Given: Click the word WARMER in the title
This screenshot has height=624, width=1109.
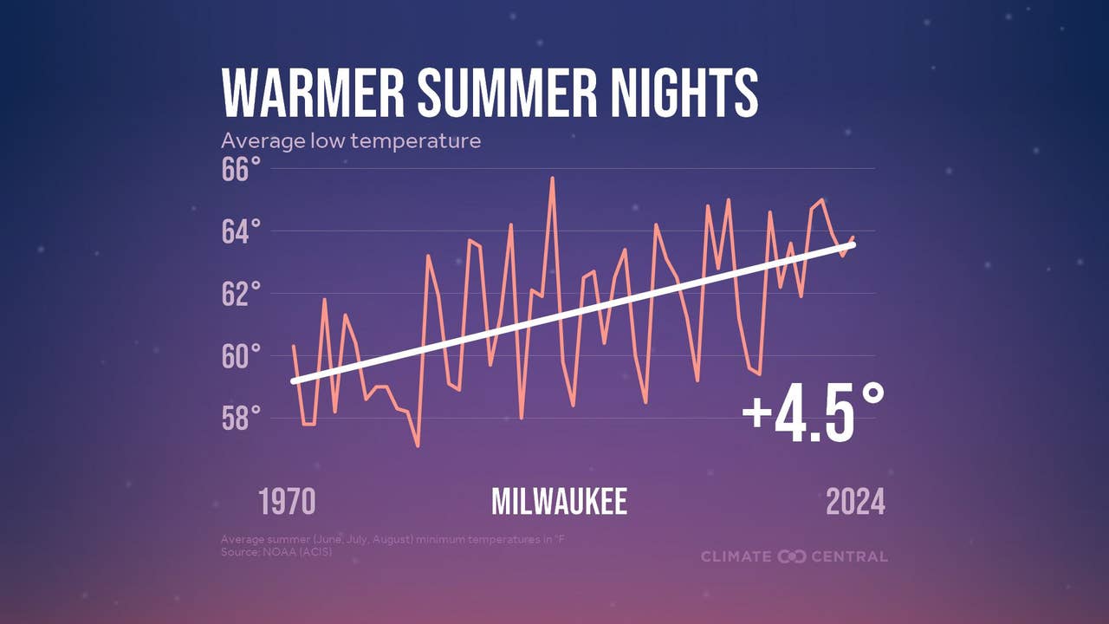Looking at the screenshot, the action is click(313, 93).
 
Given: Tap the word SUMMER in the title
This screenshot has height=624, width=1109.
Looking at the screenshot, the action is click(508, 93).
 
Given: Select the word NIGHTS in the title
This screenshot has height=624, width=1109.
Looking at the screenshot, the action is click(684, 93).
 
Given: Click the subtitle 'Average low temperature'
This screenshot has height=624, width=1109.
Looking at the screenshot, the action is click(351, 141).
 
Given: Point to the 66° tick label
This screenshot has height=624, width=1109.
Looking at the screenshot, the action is click(241, 169).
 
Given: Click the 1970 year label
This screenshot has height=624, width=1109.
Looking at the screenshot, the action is click(287, 502).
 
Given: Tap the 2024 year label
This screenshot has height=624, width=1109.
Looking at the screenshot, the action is click(855, 502).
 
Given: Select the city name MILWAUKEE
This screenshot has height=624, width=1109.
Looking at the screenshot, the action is click(560, 502).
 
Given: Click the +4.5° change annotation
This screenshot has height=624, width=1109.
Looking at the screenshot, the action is click(813, 413).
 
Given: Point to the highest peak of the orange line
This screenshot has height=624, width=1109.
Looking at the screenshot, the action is click(552, 178).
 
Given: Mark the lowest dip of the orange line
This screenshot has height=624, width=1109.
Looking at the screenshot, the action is click(418, 446).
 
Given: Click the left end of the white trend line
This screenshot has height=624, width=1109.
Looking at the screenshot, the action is click(294, 381).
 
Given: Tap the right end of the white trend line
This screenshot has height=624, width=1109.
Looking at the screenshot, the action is click(853, 245).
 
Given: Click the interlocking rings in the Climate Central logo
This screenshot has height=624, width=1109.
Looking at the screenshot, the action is click(792, 556).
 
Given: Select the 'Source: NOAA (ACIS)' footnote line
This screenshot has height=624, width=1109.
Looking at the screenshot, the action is click(276, 552).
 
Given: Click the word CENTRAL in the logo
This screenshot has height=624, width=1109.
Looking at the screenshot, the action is click(849, 556).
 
